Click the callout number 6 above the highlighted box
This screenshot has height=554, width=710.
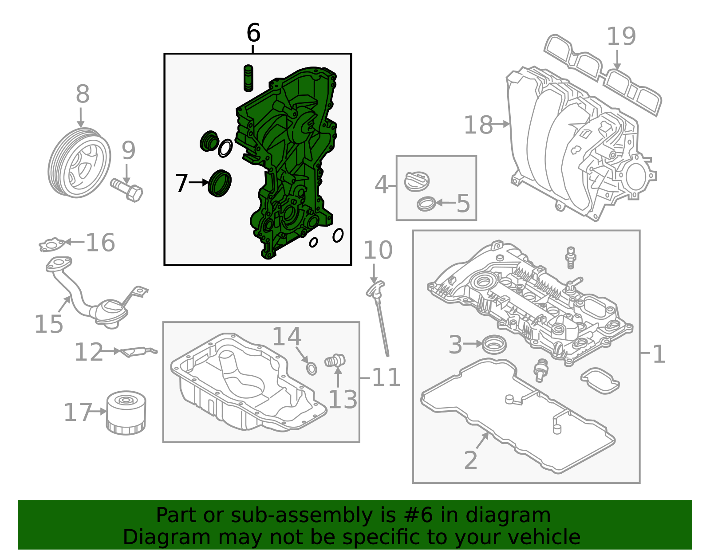pos(253,33)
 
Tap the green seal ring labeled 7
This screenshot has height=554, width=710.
pos(220,183)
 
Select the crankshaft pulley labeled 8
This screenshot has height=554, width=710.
pos(79,163)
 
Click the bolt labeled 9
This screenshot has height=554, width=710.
pos(127,190)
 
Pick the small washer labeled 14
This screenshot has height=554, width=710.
pos(312,368)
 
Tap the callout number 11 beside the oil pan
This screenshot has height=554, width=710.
pos(386,378)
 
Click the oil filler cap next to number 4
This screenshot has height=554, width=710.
pos(417,182)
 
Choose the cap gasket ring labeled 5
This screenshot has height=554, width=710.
pos(426,204)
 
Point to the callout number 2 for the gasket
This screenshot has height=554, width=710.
pos(471,460)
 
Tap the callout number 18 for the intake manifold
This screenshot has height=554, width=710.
pos(478,125)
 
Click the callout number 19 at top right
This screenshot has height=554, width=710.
pos(621,36)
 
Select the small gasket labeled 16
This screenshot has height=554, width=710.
pos(52,244)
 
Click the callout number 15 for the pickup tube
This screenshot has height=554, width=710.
pos(49,324)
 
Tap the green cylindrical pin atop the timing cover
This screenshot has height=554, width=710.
pos(248,78)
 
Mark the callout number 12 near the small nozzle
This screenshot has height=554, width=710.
pos(88,353)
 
